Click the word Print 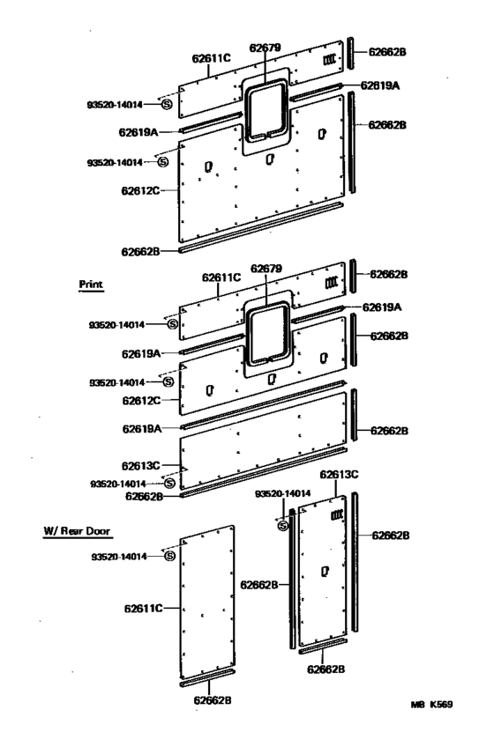click(91, 285)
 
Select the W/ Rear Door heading click(77, 531)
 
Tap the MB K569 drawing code click(432, 705)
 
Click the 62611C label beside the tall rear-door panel click(144, 609)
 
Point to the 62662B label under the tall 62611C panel click(213, 700)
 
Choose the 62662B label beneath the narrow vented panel click(326, 669)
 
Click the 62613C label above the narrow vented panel click(340, 474)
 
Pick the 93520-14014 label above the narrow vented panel click(283, 493)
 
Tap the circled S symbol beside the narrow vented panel click(283, 527)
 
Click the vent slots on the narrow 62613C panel click(337, 515)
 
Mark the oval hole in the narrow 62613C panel click(326, 571)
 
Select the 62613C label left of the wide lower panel click(140, 466)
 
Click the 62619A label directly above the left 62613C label click(142, 429)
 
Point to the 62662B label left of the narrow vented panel click(259, 585)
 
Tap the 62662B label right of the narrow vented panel click(391, 536)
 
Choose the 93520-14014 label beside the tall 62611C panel click(119, 557)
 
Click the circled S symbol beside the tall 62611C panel click(169, 556)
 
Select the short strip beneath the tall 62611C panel click(207, 678)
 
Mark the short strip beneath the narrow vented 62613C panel click(323, 646)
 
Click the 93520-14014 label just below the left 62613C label click(118, 484)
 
